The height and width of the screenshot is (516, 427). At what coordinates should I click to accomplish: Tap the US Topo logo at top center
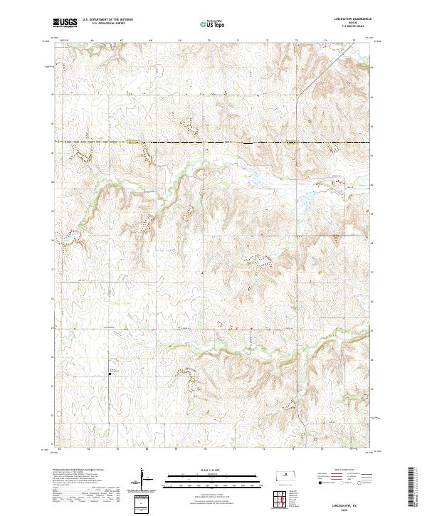pos(213,23)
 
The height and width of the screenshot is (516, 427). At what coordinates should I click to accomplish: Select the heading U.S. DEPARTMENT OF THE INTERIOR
pos(107,20)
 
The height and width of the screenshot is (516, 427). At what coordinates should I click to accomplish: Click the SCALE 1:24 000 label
pos(213,470)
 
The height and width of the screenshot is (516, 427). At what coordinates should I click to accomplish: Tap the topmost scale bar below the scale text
pos(213,476)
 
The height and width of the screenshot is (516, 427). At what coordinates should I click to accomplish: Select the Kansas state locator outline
pos(288,475)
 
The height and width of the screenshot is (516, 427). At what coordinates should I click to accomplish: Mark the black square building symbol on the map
pos(110,371)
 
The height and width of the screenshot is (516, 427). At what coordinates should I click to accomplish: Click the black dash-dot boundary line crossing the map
pos(213,142)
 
